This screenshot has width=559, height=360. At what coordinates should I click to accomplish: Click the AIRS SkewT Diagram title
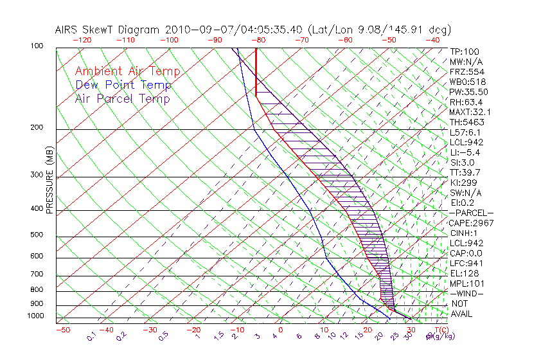click(x=253, y=30)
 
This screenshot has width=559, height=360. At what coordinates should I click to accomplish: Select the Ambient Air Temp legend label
click(x=127, y=71)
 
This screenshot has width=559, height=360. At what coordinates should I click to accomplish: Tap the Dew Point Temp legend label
click(x=123, y=85)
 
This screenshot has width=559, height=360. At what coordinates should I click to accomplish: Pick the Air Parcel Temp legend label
click(x=122, y=98)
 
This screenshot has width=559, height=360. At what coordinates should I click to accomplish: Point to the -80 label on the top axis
click(x=258, y=40)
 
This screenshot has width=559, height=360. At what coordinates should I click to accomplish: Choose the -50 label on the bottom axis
click(x=62, y=330)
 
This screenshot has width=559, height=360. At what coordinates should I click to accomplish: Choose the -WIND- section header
click(x=466, y=294)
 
